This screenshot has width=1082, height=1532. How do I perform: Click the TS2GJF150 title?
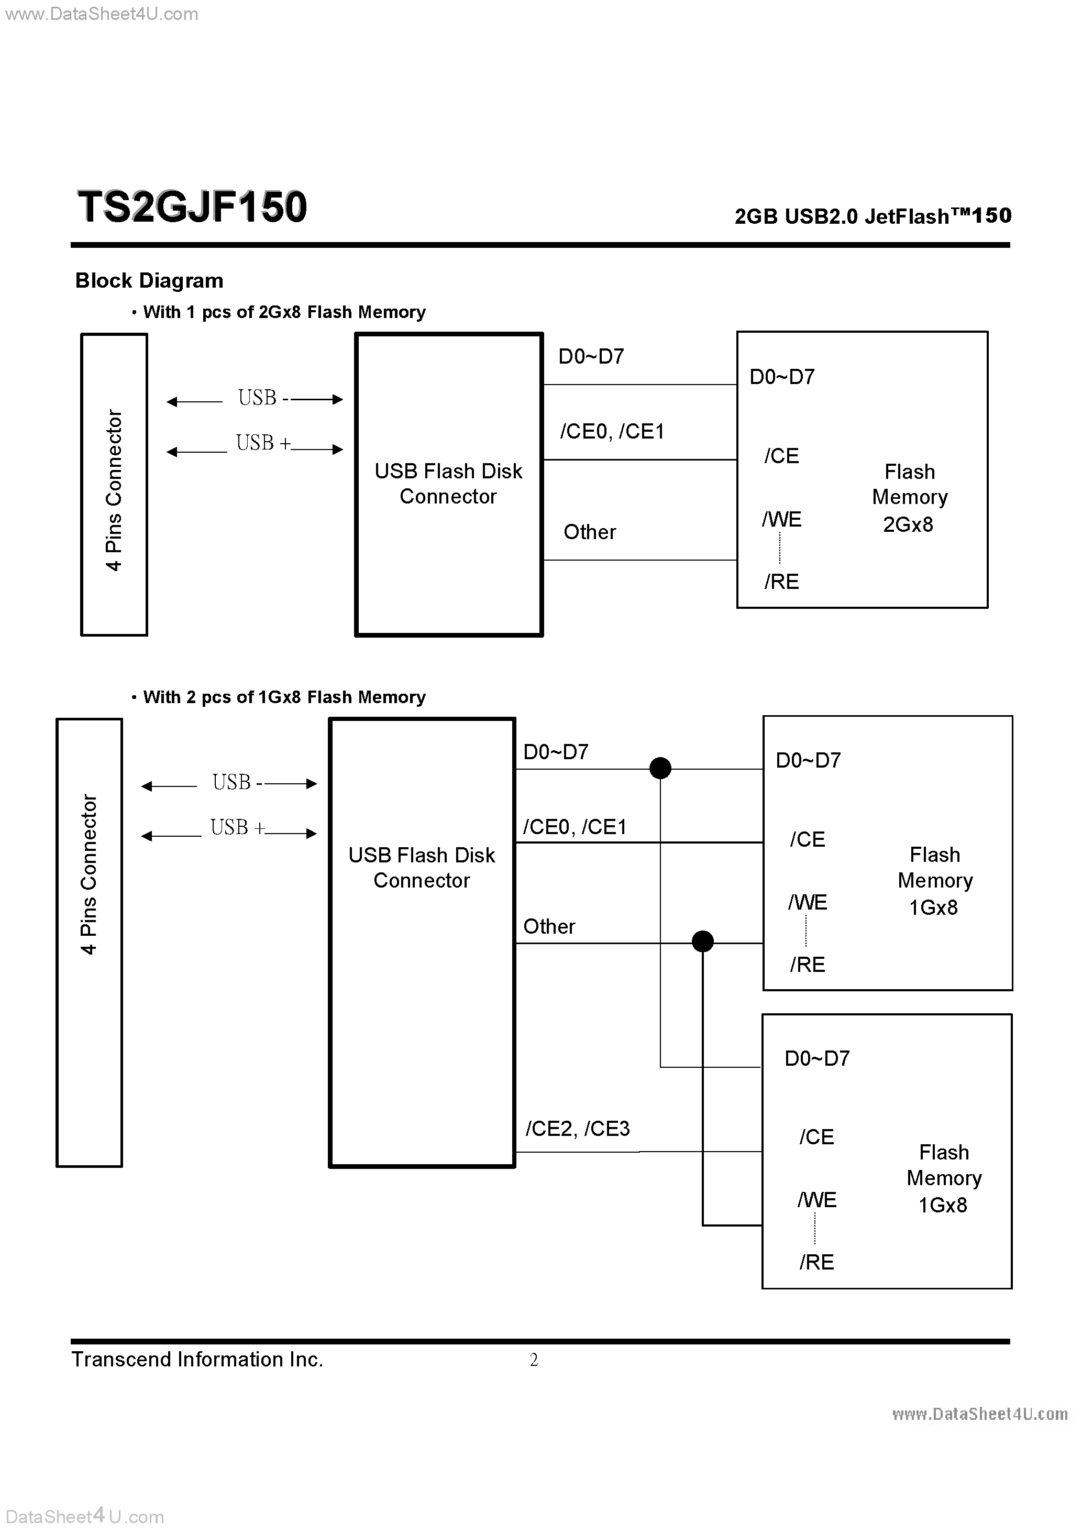192,207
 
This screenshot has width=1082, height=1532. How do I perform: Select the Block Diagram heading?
149,281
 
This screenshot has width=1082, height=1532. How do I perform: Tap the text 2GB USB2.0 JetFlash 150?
873,216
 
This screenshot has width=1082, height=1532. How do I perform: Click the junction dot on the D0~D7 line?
660,768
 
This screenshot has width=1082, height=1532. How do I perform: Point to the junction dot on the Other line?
702,942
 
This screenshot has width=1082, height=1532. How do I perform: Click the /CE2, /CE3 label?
578,1129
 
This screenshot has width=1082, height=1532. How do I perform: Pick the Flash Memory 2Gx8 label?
909,498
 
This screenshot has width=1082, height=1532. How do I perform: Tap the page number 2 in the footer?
534,1360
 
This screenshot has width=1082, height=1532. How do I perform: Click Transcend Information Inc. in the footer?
197,1360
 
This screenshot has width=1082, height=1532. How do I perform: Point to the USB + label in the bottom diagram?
237,827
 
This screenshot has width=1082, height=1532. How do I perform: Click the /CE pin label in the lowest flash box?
816,1137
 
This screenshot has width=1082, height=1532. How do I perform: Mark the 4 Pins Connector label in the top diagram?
114,490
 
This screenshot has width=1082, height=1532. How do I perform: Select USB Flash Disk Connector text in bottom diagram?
422,868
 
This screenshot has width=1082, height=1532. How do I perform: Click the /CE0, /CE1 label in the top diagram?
612,432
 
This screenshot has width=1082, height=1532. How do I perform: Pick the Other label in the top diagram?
590,532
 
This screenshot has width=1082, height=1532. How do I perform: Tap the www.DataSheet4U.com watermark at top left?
102,14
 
